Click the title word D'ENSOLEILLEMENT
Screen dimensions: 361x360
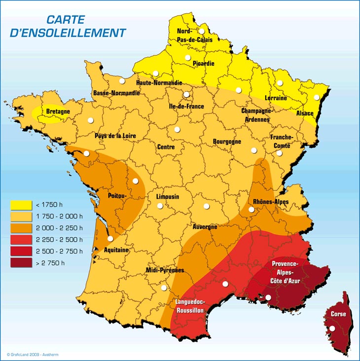point(68,33)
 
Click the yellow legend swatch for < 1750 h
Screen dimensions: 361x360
point(21,204)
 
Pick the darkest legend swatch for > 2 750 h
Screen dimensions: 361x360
point(21,262)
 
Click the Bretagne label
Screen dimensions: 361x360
point(58,111)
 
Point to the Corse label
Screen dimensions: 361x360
point(338,314)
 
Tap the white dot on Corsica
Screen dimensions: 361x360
point(332,328)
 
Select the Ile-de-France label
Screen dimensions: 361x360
point(186,106)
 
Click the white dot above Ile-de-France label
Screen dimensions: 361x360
point(186,95)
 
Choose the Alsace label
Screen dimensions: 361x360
point(305,113)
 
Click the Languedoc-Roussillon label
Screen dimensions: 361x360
point(190,306)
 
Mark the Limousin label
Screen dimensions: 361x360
point(167,197)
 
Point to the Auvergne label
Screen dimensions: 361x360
point(205,227)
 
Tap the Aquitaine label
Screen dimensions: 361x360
point(116,250)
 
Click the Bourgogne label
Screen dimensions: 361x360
point(227,142)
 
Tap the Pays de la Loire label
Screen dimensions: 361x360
point(115,136)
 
